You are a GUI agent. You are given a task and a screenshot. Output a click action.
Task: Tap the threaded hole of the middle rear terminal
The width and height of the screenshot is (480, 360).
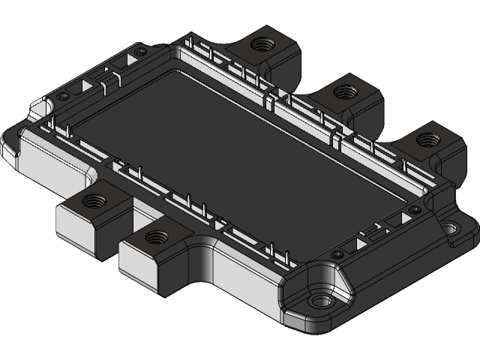346,92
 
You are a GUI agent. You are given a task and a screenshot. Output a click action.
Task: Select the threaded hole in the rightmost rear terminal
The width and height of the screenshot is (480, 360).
427,139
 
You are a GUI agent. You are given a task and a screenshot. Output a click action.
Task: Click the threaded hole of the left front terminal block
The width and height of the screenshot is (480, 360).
94,200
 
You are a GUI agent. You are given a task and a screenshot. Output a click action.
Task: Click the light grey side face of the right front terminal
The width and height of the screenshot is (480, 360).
139,262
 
